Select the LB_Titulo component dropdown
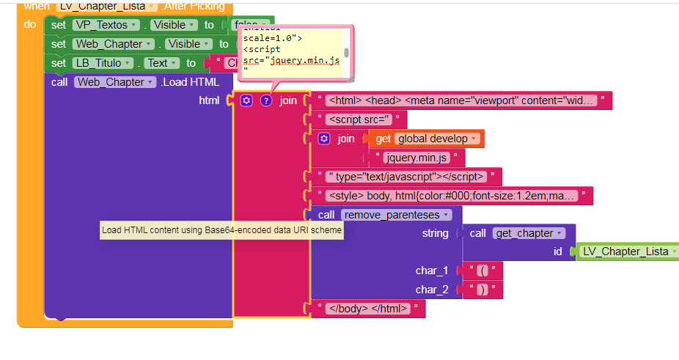click(x=103, y=63)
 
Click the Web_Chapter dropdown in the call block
click(x=115, y=82)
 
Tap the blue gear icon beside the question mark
click(x=246, y=100)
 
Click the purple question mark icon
click(x=266, y=100)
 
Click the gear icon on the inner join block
click(x=324, y=139)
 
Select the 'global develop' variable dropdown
click(x=437, y=139)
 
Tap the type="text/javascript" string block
click(x=407, y=177)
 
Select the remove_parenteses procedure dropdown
click(x=396, y=215)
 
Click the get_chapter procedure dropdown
click(x=529, y=233)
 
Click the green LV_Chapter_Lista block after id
click(x=626, y=251)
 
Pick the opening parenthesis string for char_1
click(x=482, y=271)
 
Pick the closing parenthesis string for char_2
click(x=482, y=290)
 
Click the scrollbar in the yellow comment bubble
click(x=346, y=53)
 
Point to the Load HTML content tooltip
click(x=221, y=230)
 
